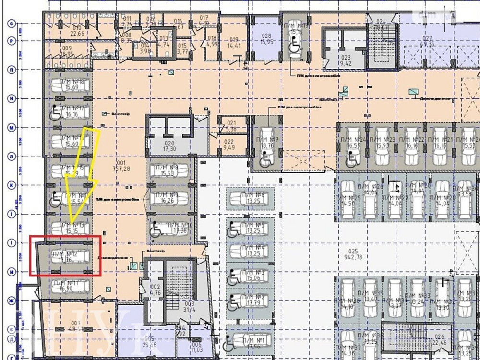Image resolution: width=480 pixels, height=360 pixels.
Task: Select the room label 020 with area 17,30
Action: [x=169, y=146]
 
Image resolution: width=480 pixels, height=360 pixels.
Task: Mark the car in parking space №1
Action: [x=250, y=342]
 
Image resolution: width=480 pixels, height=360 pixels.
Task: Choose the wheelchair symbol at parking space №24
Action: [x=351, y=157]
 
